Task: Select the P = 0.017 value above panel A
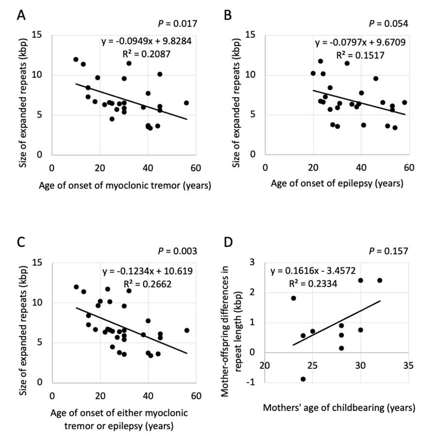(177, 23)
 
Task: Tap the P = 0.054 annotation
(388, 23)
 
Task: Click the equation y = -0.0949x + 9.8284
(146, 41)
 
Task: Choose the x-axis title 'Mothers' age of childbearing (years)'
(339, 408)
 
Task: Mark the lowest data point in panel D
(303, 379)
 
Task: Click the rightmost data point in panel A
(186, 103)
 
